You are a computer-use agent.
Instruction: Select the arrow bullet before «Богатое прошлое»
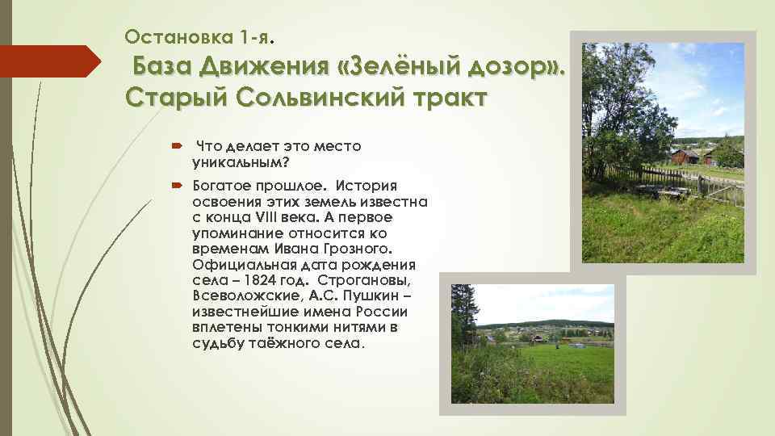[x=177, y=186]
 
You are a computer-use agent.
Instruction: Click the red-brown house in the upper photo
[x=688, y=155]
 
